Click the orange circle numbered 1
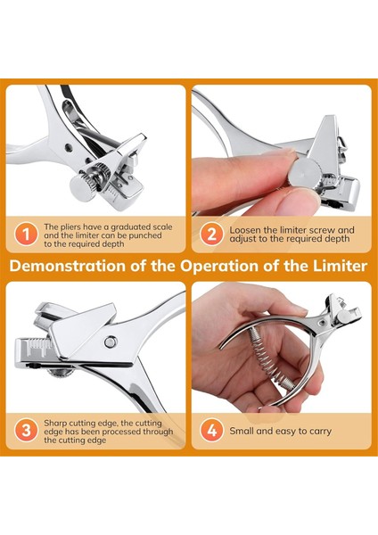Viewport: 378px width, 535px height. [26, 235]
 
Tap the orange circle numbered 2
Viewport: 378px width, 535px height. [211, 235]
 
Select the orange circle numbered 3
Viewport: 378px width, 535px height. [26, 431]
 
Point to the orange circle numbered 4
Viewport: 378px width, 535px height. [211, 431]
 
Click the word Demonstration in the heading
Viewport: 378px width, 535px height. [68, 266]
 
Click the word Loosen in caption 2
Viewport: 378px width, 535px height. [244, 230]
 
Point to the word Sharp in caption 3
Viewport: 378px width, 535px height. [54, 424]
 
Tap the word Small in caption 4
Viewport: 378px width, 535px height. [242, 431]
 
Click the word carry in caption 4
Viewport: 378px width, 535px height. [320, 432]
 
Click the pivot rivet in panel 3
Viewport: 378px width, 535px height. [111, 342]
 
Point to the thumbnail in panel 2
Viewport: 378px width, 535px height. [300, 198]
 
